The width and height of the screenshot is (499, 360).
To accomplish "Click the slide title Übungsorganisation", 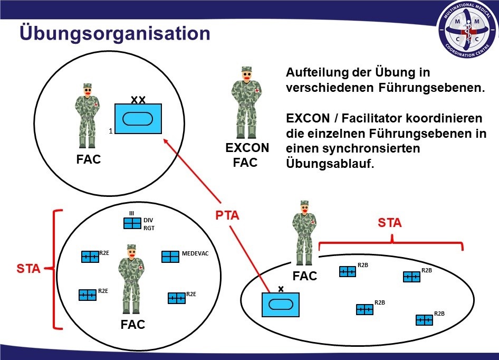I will click(x=115, y=33).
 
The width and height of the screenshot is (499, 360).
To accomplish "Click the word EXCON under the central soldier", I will click(x=247, y=148).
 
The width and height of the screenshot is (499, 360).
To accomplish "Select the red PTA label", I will click(x=227, y=215).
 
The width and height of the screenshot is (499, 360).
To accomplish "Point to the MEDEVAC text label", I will click(x=195, y=254).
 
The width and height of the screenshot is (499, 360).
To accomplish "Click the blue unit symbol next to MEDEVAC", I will click(x=170, y=257).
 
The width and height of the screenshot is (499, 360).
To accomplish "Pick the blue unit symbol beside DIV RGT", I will click(x=132, y=223).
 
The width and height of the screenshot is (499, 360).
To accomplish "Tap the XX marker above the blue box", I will click(x=138, y=99).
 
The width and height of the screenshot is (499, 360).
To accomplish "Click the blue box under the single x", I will click(x=281, y=305).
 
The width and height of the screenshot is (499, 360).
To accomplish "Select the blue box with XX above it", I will click(x=138, y=119).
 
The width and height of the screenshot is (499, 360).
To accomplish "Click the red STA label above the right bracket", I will click(x=390, y=223).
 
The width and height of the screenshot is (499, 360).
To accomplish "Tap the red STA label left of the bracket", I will click(x=28, y=269).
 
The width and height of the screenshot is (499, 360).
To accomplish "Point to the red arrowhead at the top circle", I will click(x=166, y=142).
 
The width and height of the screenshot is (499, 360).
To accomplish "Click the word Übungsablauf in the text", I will click(x=330, y=164).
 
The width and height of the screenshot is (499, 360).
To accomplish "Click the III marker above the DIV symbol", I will click(x=132, y=213).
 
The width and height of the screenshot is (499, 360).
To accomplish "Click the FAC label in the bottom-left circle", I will click(x=132, y=325).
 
